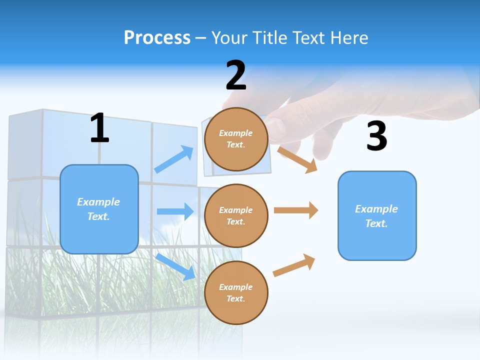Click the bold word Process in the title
[157, 38]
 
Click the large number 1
[99, 128]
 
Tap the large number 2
[236, 76]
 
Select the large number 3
[376, 136]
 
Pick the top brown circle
[236, 139]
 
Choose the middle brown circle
[236, 216]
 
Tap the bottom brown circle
[236, 293]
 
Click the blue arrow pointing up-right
[174, 159]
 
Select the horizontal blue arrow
[175, 211]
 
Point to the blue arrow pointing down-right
[175, 266]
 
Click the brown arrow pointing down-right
[297, 159]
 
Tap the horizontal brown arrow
[295, 210]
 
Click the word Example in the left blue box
[98, 202]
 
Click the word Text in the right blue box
[375, 223]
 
